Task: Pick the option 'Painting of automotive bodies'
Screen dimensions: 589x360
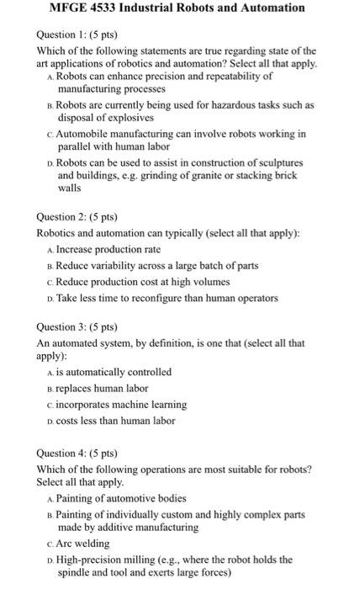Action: coord(127,498)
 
